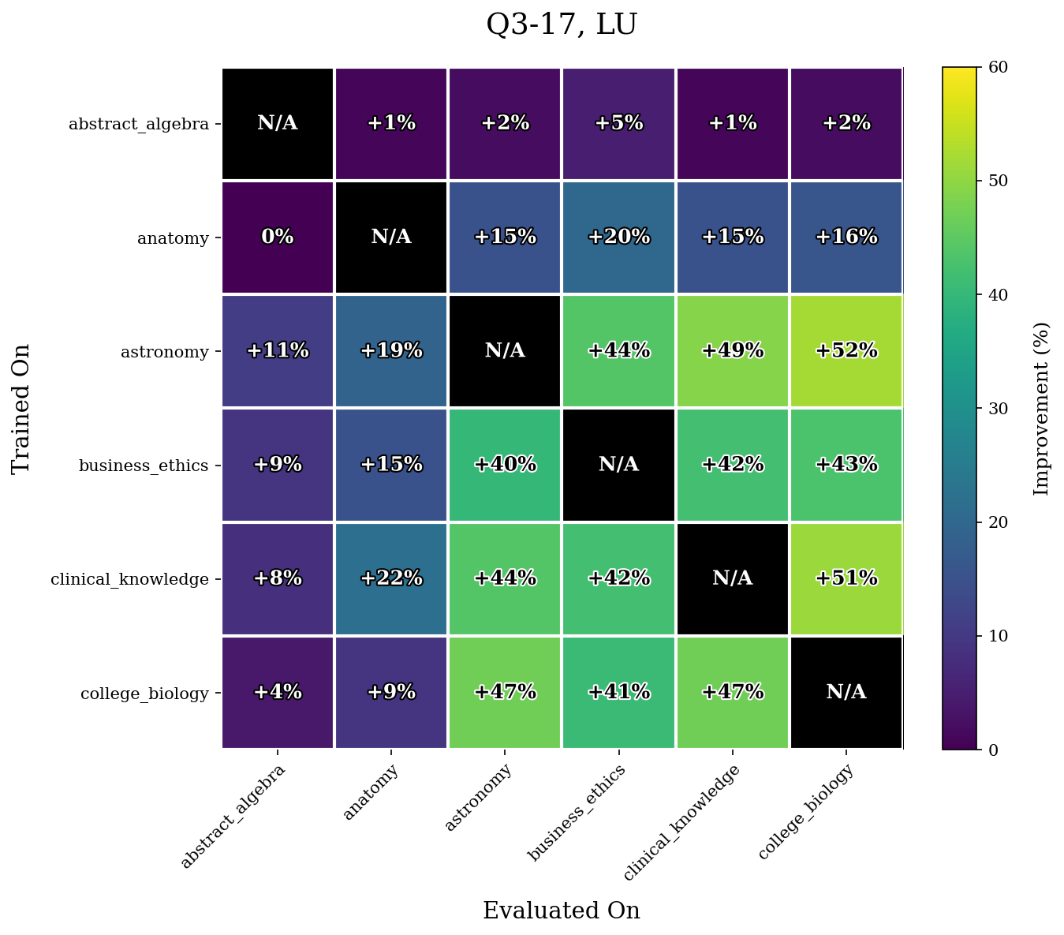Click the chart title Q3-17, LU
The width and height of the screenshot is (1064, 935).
(x=562, y=25)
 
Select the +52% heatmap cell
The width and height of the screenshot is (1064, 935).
(x=846, y=351)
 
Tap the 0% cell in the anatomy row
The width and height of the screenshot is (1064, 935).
(x=278, y=237)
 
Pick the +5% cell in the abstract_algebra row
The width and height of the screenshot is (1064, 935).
(x=618, y=124)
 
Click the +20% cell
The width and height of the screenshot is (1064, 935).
(x=618, y=237)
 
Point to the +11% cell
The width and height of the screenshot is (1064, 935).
(x=278, y=351)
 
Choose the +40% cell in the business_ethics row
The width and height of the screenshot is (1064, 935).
(x=505, y=465)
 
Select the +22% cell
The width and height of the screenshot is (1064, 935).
(x=391, y=578)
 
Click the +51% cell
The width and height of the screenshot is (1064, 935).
(x=846, y=578)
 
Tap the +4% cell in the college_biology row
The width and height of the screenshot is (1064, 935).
(x=278, y=692)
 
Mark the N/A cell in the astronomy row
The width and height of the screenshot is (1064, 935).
(x=505, y=351)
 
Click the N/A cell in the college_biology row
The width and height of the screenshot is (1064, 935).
(x=846, y=692)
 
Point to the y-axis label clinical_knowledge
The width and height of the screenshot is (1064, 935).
(x=129, y=579)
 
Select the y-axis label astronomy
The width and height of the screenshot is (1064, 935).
(x=164, y=352)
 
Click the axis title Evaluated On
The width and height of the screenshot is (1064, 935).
(x=562, y=911)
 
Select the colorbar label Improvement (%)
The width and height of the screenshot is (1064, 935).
(x=1042, y=408)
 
